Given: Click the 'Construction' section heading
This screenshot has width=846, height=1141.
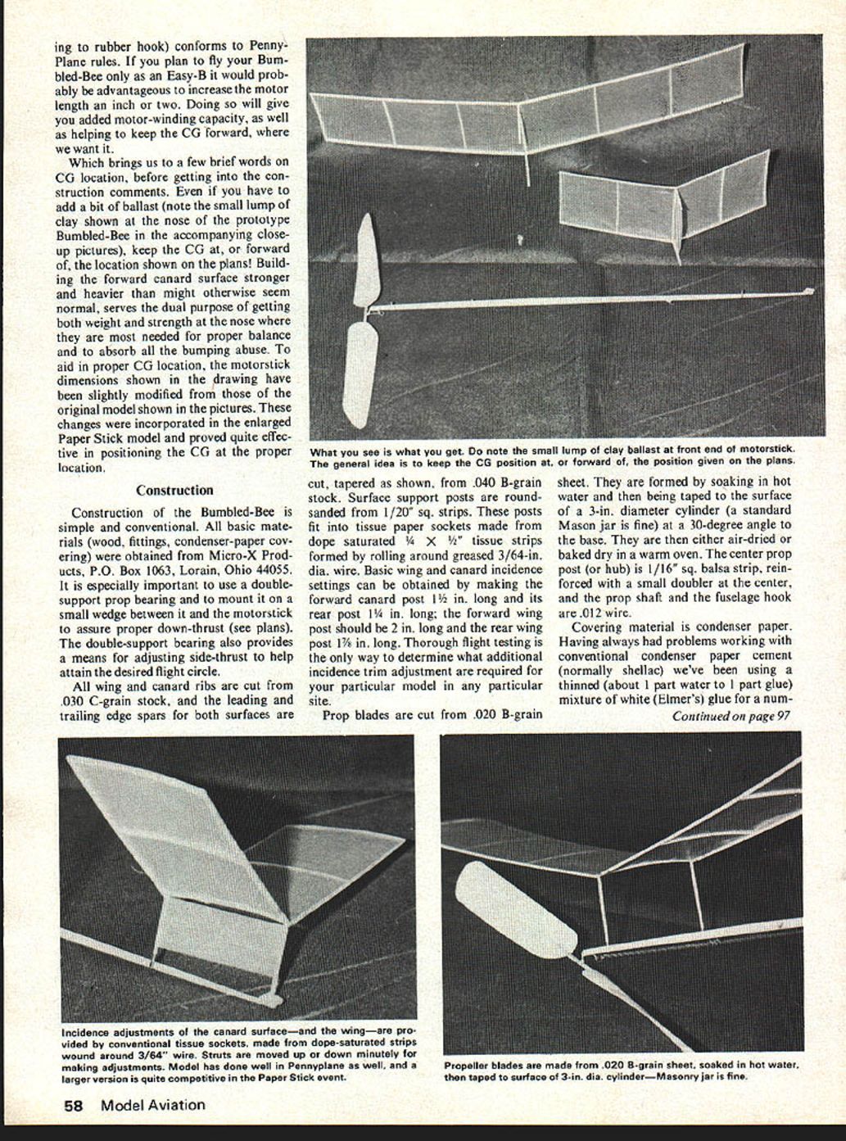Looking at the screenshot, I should pos(174,491).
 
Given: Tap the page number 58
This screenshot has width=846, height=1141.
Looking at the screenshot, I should pos(74,1105).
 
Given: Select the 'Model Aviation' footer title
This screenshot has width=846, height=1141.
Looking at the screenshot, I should pos(153,1105).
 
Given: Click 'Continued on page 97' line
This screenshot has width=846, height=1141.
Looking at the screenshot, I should pos(731,716).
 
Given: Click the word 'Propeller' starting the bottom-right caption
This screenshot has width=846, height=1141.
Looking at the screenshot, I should pos(469,1066).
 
